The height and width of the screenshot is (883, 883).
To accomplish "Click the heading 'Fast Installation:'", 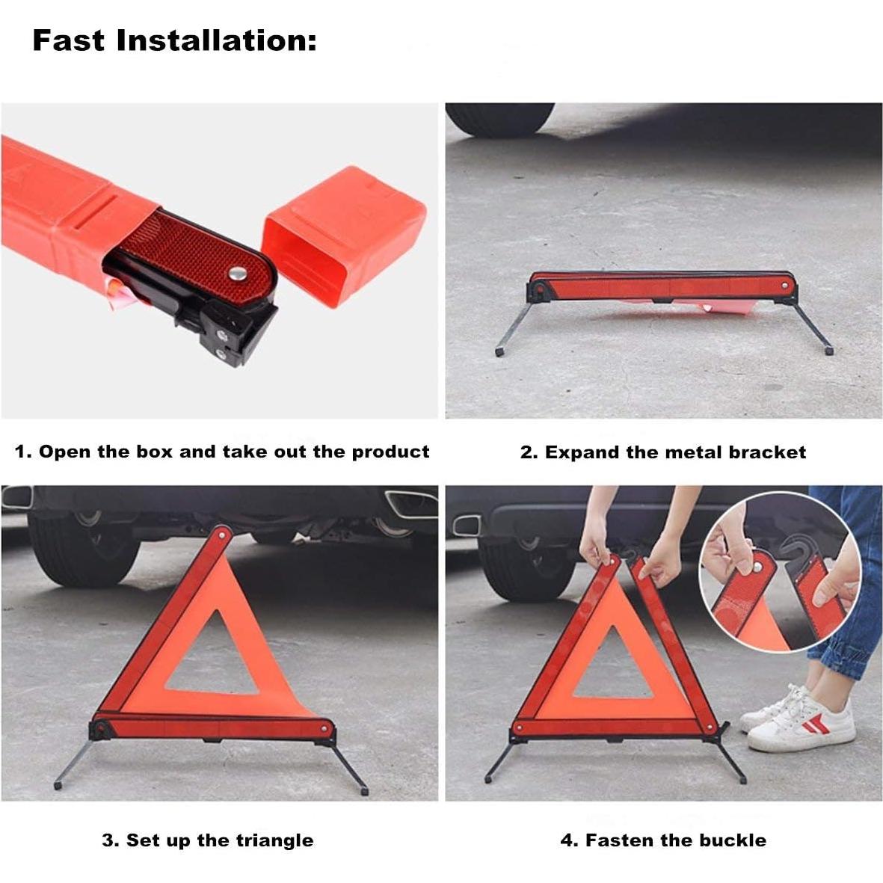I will click(x=174, y=40).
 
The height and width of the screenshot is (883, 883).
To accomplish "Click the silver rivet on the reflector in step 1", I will click(x=239, y=274).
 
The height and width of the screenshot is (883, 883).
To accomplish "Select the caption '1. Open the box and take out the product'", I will click(x=222, y=452).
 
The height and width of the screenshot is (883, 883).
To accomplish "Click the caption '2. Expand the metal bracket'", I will click(x=663, y=452).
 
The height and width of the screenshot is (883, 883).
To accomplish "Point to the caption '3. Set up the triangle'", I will click(x=208, y=840).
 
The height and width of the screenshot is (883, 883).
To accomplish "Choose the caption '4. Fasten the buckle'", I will click(x=663, y=840).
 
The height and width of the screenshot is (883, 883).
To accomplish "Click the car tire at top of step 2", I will click(x=500, y=118).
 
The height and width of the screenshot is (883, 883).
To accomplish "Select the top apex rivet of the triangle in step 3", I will click(x=222, y=534).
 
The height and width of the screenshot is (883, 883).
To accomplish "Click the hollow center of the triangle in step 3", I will click(x=213, y=658).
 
